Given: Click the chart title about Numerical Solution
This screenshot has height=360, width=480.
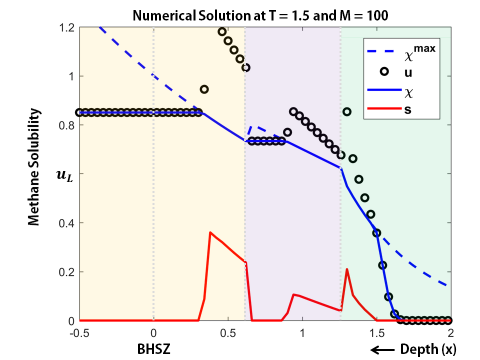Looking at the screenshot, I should click(260, 15).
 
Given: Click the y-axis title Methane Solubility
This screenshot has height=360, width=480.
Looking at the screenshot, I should click(33, 167).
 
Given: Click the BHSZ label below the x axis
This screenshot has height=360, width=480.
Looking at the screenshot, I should click(153, 348).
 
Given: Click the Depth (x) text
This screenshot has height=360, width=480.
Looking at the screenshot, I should click(427, 348).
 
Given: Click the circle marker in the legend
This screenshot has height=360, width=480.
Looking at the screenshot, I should click(384, 71).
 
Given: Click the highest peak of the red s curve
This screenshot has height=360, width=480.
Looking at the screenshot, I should click(210, 232).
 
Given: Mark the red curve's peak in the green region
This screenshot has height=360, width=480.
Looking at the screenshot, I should click(347, 269).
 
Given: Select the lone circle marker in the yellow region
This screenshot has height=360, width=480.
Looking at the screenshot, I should click(204, 89).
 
